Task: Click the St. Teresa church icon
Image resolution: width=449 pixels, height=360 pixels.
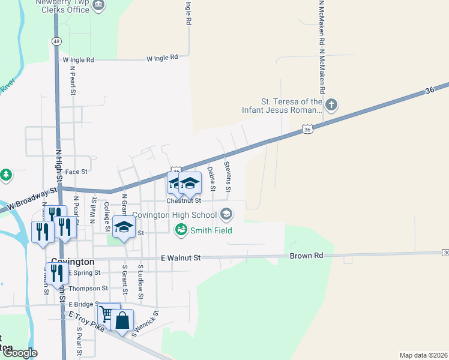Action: click(x=331, y=106)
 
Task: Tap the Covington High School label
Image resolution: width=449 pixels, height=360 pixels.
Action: click(x=174, y=215)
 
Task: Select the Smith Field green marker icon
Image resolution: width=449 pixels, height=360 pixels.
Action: click(x=181, y=229)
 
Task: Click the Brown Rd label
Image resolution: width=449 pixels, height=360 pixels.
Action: click(x=306, y=256)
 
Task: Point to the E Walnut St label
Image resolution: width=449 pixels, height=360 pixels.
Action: click(x=181, y=257)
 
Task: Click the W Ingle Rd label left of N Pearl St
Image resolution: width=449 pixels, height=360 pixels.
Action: click(x=78, y=60)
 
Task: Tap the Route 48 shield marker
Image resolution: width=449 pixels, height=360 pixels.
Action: click(x=56, y=41)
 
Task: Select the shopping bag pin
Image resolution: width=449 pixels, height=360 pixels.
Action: click(x=122, y=321)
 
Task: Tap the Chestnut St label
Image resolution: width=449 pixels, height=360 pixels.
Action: click(x=183, y=200)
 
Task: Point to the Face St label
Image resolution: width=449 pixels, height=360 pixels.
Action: click(x=76, y=172)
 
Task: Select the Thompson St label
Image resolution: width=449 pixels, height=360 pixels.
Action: click(x=88, y=289)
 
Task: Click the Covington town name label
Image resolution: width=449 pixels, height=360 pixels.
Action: click(x=72, y=262)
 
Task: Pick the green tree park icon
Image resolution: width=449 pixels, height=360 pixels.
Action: click(x=6, y=175)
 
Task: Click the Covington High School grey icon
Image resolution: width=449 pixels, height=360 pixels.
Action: click(x=226, y=214)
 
